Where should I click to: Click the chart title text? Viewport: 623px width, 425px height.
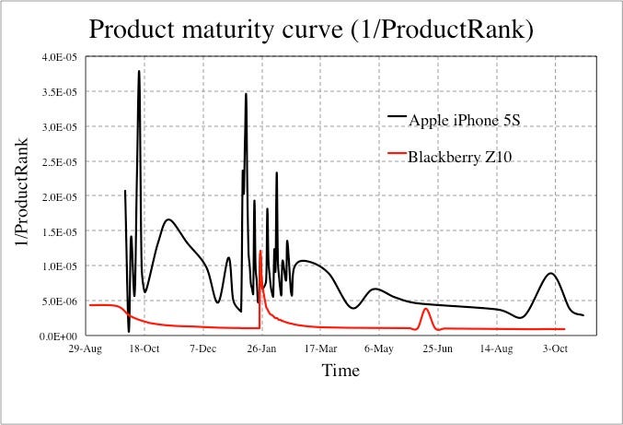tap(311, 30)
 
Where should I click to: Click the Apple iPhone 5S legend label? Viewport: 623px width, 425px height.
tap(465, 120)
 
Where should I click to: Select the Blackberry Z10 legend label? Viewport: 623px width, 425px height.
tap(460, 158)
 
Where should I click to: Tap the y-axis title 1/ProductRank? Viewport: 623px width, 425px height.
tap(21, 192)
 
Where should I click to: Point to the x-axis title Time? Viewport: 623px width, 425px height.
tap(340, 371)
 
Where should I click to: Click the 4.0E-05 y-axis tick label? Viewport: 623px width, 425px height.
tap(60, 57)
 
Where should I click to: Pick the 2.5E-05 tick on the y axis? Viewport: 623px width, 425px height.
tap(60, 162)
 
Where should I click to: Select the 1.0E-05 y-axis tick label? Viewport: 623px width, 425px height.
tap(60, 266)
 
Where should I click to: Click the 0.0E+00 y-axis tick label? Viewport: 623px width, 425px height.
tap(59, 336)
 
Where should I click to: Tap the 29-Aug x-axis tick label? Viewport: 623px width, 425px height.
tap(86, 349)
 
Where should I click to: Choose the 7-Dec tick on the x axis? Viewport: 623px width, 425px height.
tap(203, 349)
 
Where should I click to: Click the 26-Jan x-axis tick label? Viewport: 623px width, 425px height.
tap(261, 349)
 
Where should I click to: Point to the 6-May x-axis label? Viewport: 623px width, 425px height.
tap(379, 349)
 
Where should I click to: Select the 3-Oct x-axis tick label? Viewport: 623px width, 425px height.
tap(555, 349)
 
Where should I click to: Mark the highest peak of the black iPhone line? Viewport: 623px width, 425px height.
tap(139, 71)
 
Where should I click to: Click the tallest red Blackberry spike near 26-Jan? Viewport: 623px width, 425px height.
tap(260, 251)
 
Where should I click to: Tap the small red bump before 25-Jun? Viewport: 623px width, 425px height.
tap(425, 309)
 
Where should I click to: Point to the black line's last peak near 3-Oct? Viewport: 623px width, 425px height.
tap(551, 274)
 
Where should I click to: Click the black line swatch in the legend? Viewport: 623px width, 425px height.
tap(397, 116)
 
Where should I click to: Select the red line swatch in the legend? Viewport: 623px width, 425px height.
tap(397, 153)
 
